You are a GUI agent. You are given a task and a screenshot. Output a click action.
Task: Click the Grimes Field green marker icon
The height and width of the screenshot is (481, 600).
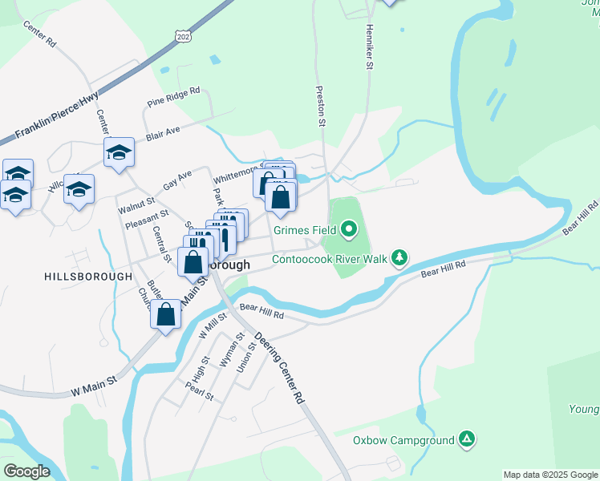click(x=348, y=231)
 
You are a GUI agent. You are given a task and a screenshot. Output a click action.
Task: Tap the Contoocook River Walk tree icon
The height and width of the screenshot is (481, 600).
click(x=399, y=258)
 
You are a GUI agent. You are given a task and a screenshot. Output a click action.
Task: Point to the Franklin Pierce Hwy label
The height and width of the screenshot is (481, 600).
click(x=55, y=119)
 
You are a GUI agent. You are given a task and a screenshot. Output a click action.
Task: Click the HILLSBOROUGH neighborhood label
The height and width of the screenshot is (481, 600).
click(x=88, y=276)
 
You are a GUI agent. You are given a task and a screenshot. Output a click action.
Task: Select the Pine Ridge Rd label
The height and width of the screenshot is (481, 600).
click(x=173, y=98)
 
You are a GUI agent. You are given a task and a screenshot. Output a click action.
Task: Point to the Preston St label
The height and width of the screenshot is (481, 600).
click(x=319, y=107)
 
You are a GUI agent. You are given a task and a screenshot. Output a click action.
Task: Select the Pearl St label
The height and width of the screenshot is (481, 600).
click(x=199, y=390)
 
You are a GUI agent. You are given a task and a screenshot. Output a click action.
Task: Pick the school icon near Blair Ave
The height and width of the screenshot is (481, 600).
click(x=118, y=153)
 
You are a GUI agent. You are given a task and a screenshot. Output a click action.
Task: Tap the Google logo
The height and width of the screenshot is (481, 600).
click(x=26, y=471)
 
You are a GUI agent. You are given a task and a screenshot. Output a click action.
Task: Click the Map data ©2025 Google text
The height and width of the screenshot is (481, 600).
click(x=550, y=475)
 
